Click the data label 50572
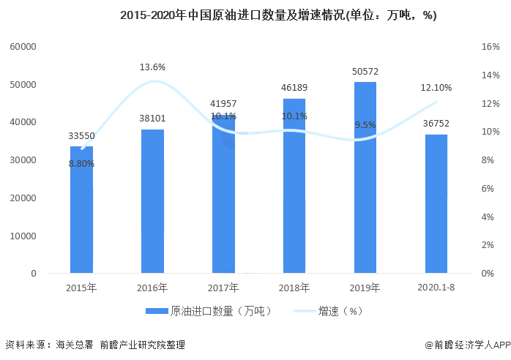click(365, 71)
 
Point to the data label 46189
click(294, 88)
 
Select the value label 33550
click(81, 135)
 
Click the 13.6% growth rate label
click(152, 67)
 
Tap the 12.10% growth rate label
click(436, 87)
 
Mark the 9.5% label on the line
click(365, 124)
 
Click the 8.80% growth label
click(81, 163)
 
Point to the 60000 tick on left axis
click(23, 47)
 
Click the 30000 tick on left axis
click(23, 160)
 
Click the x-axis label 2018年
click(294, 288)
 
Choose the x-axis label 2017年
click(223, 288)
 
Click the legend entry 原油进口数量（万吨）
click(209, 311)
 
